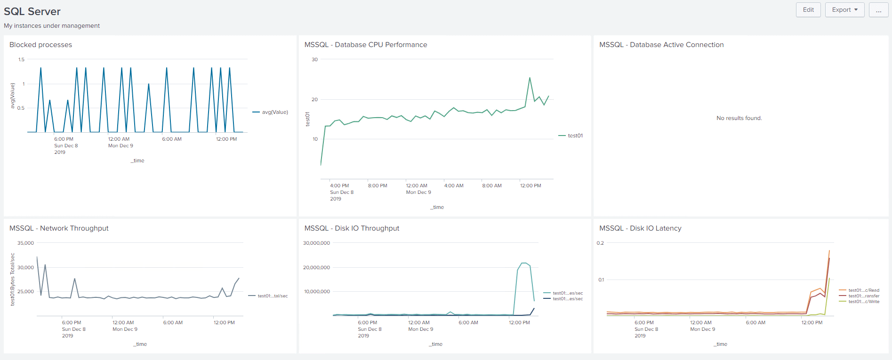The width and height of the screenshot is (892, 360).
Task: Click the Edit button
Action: coord(808,10)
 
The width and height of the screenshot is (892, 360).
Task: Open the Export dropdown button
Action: coord(844,10)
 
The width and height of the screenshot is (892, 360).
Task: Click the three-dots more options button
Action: coord(878,10)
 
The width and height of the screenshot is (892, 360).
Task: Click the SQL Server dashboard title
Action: coord(32,11)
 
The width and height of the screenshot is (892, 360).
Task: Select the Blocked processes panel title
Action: coord(41,45)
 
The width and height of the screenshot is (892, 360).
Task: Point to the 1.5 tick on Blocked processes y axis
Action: coord(21,59)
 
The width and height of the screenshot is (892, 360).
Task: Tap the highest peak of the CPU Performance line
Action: coord(530,78)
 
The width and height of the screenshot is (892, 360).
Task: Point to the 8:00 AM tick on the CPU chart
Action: coord(491,185)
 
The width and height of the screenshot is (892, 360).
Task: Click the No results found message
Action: coord(739,118)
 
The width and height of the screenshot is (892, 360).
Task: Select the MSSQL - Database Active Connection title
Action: coord(661,45)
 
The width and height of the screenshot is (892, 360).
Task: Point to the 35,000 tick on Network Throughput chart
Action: coord(26,243)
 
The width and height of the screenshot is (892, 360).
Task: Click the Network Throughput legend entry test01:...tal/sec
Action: coord(272,296)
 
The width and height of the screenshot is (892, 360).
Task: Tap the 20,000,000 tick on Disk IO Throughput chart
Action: coord(317,267)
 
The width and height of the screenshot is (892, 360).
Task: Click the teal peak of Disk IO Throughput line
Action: coord(524,263)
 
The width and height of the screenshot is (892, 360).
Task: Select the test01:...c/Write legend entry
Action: coord(863,302)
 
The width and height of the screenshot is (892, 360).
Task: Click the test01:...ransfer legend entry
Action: coord(863,296)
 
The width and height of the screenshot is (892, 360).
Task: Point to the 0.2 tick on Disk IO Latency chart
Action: coord(600,243)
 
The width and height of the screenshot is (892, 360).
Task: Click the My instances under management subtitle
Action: coord(52,26)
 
